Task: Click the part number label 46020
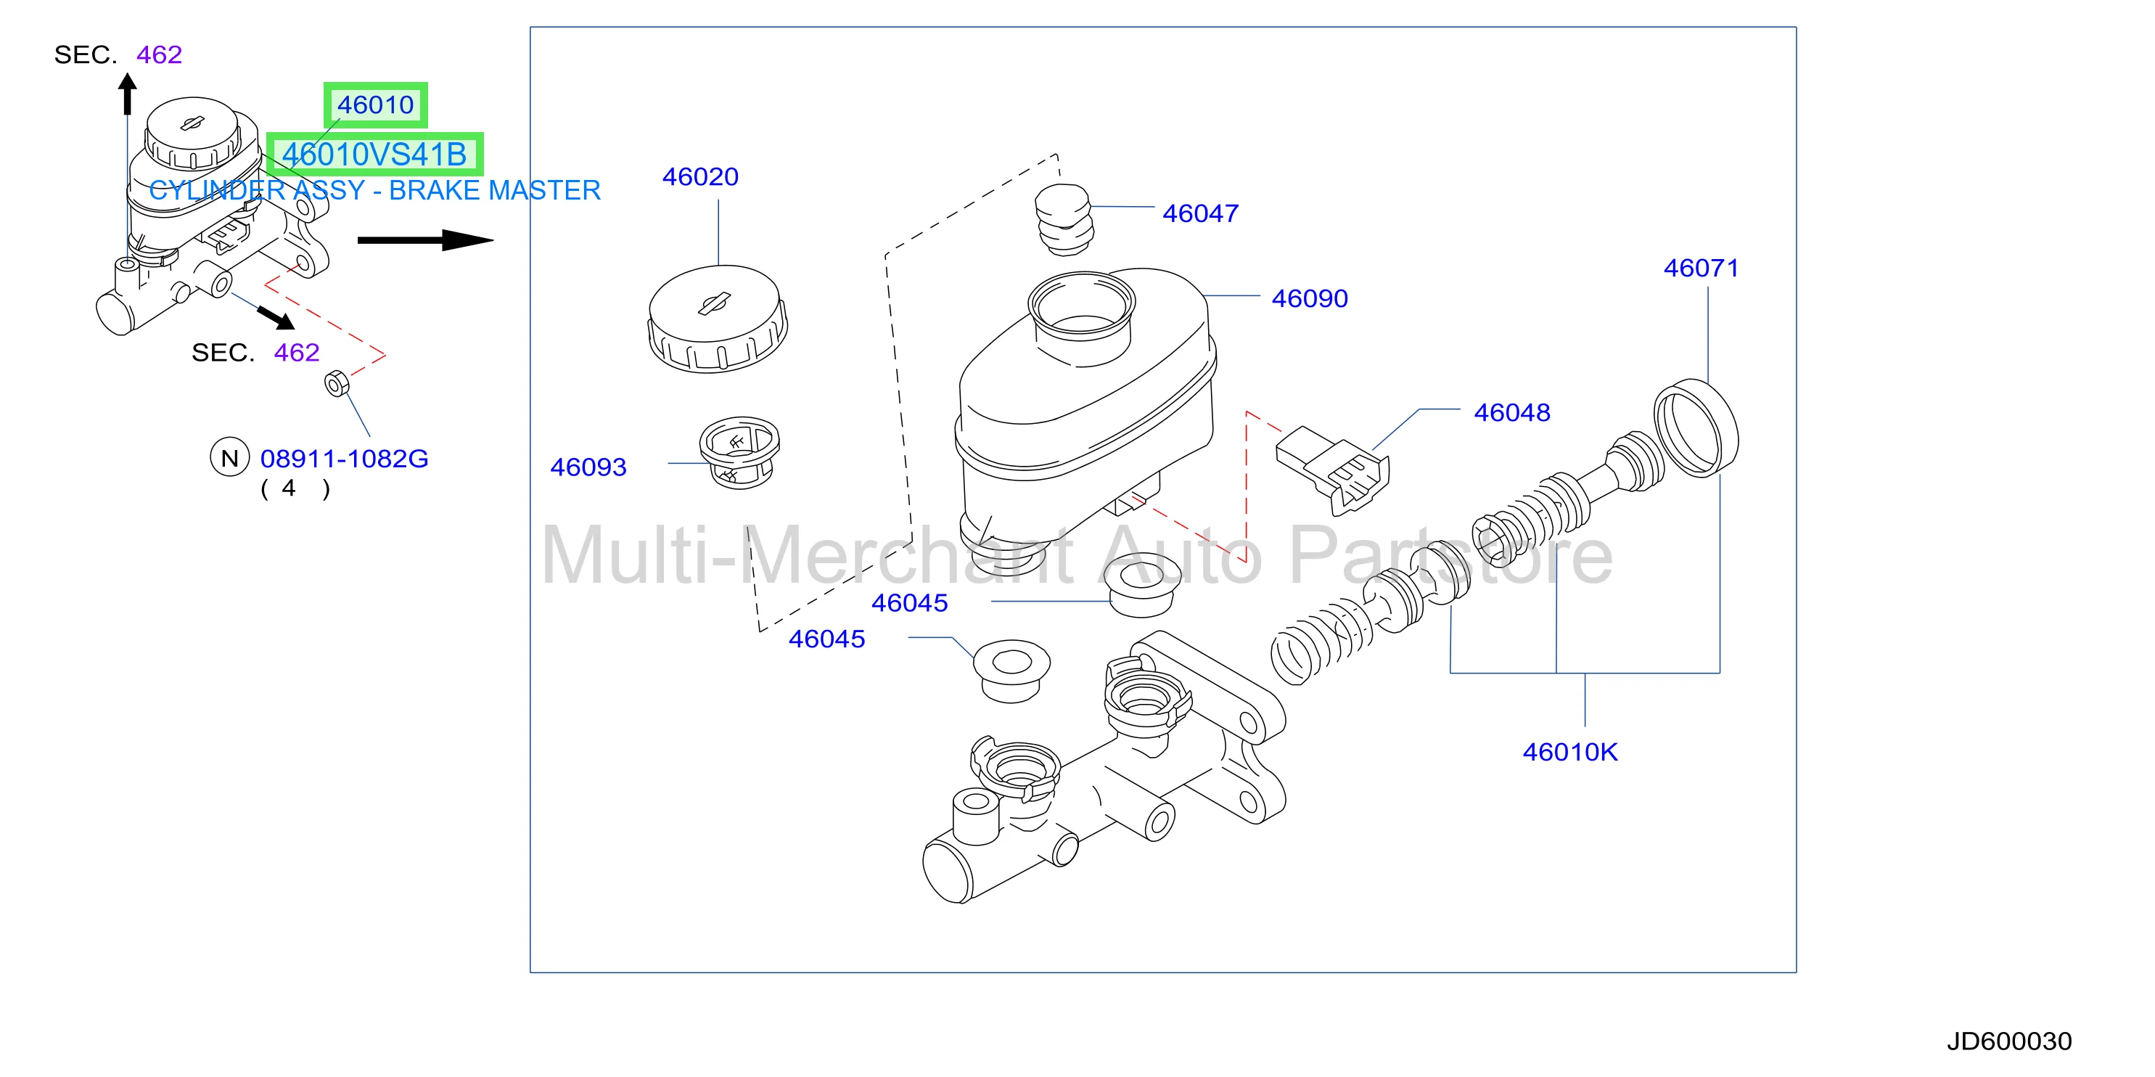(700, 176)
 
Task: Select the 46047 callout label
(1200, 213)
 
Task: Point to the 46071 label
(1702, 268)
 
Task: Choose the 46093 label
(588, 467)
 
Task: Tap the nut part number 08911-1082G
(344, 459)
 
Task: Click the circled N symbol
(229, 458)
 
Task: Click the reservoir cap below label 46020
(718, 319)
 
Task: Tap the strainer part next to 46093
(739, 453)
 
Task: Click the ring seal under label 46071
(1696, 427)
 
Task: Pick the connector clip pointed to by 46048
(1331, 470)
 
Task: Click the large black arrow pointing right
(426, 240)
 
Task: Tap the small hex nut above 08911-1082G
(336, 384)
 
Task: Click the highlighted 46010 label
(376, 105)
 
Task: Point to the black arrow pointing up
(127, 94)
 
